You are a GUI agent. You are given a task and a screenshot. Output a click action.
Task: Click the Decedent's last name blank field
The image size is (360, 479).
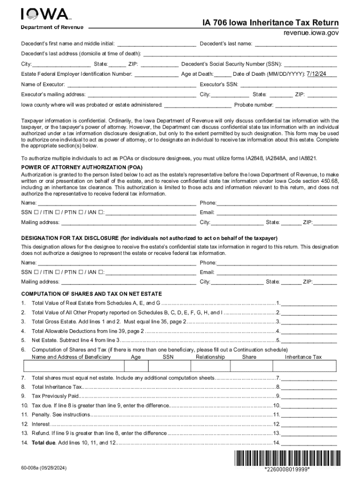[296, 44]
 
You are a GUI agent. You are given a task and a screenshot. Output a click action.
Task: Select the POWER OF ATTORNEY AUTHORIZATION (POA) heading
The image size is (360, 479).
[82, 167]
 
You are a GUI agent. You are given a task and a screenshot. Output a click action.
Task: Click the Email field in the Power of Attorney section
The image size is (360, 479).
[277, 212]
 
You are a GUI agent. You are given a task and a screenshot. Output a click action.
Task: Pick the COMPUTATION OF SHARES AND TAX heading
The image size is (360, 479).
[92, 294]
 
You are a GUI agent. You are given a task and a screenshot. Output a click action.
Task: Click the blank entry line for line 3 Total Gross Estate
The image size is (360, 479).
[309, 322]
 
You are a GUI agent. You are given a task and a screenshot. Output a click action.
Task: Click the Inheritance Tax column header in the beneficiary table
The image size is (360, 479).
[303, 357]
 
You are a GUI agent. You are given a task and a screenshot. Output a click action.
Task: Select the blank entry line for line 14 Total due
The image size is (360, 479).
[309, 443]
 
